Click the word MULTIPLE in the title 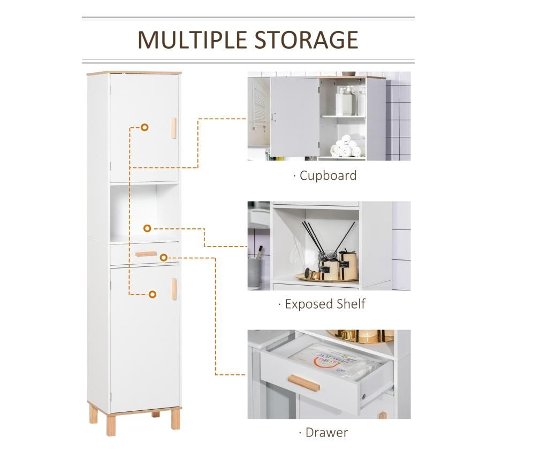(193, 40)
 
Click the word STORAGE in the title (306, 40)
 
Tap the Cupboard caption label (328, 175)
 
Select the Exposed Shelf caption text (325, 304)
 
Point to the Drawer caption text (327, 432)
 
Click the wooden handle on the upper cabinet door (174, 128)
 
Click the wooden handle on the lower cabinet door (174, 289)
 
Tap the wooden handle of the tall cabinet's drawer (146, 254)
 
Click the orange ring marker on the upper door (144, 127)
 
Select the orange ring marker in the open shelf (147, 228)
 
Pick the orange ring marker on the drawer (164, 258)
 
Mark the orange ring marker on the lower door (153, 294)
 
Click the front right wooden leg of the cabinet (176, 421)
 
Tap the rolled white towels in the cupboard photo (346, 146)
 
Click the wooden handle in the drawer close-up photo (304, 383)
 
